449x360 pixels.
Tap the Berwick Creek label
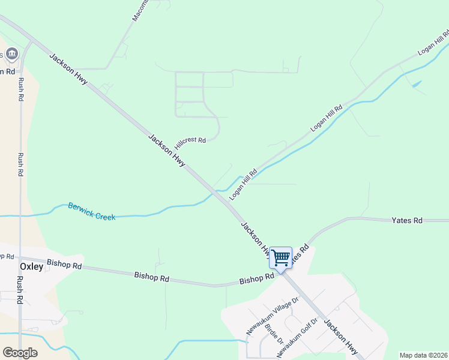point(91,211)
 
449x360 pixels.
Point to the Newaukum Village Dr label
point(272,316)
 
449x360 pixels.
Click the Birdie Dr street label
point(278,334)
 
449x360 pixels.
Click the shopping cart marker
point(280,259)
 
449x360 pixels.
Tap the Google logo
point(20,353)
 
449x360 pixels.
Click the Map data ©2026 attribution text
point(423,355)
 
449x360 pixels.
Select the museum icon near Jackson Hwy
point(12,54)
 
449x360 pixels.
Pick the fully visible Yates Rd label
point(407,221)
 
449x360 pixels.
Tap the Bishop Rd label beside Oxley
point(65,265)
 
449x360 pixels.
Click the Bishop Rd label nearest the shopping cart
point(256,280)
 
